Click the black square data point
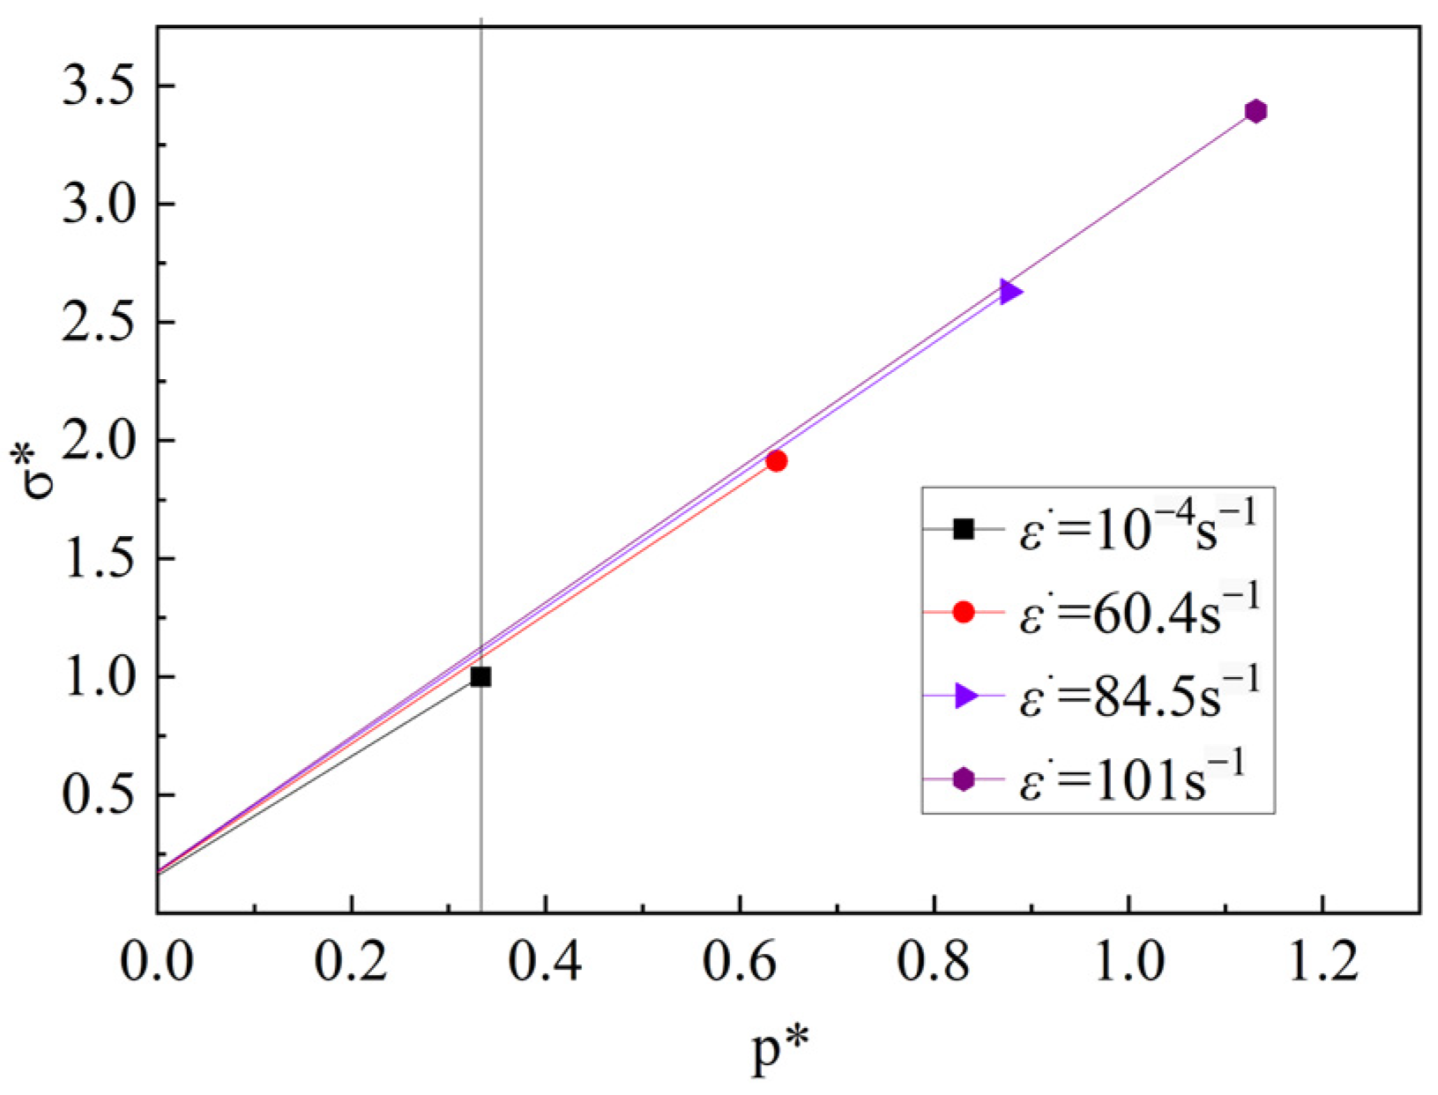pyautogui.click(x=481, y=677)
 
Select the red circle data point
pyautogui.click(x=776, y=460)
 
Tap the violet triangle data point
pyautogui.click(x=1010, y=291)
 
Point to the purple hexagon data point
pyautogui.click(x=1255, y=111)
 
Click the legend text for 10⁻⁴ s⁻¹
pyautogui.click(x=1136, y=530)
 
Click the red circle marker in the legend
pyautogui.click(x=964, y=612)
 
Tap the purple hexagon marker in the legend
pyautogui.click(x=964, y=779)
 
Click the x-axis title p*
pyautogui.click(x=781, y=1050)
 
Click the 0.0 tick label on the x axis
pyautogui.click(x=157, y=962)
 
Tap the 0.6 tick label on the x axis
pyautogui.click(x=740, y=962)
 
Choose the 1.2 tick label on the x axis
pyautogui.click(x=1323, y=962)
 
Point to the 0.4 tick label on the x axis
pyautogui.click(x=546, y=962)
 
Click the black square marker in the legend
pyautogui.click(x=964, y=529)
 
